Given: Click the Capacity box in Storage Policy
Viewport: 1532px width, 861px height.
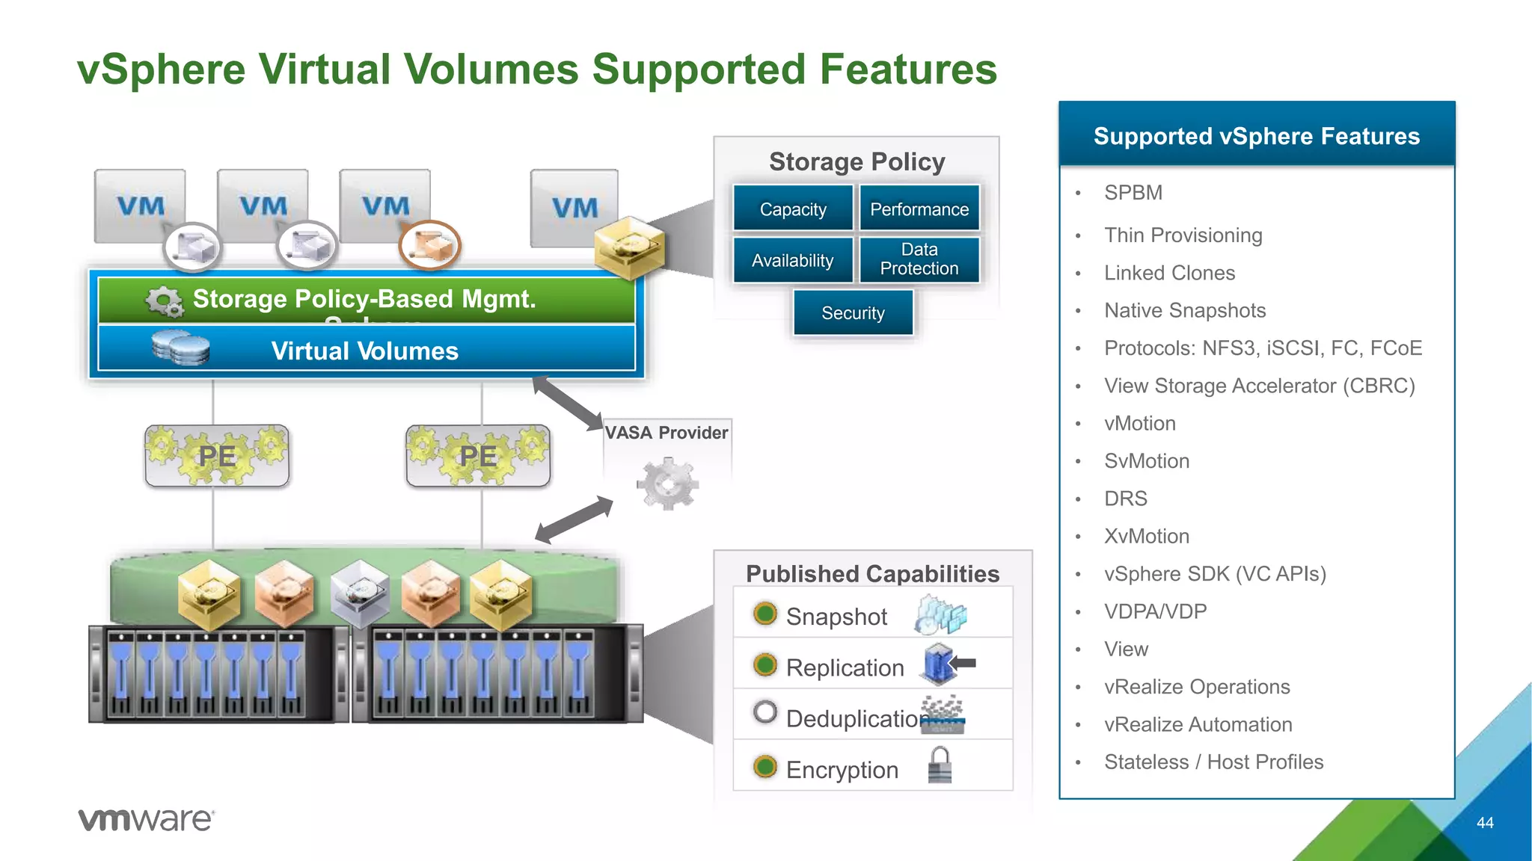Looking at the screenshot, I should [x=793, y=209].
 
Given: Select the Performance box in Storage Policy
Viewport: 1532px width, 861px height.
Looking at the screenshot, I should [x=919, y=209].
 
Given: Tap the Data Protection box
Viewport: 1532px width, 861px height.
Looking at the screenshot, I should [x=919, y=259].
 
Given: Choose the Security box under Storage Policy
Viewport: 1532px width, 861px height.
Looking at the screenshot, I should [x=853, y=312].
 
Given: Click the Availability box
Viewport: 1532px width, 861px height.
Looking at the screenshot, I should [x=793, y=260].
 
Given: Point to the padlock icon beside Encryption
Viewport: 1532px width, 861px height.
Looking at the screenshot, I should [x=940, y=765].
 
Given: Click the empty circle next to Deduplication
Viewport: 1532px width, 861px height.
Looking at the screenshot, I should [x=765, y=712].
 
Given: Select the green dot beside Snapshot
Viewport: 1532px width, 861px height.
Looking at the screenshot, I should [x=765, y=614].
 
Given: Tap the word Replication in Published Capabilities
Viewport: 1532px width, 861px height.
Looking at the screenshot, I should [x=845, y=667].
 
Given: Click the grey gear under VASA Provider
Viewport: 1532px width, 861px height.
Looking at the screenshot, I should [x=667, y=484].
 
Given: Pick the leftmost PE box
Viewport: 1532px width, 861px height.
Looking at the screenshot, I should [x=217, y=456].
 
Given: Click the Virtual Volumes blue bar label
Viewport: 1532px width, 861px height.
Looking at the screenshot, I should [x=365, y=351].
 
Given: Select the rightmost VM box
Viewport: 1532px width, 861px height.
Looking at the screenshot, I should [x=574, y=208].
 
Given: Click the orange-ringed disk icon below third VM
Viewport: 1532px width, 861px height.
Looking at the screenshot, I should [x=429, y=245].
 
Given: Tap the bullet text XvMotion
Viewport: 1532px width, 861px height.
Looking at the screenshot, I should [x=1146, y=536].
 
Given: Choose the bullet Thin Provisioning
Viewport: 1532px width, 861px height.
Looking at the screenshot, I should [x=1183, y=235].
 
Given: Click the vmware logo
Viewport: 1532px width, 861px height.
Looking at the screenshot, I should [x=147, y=819].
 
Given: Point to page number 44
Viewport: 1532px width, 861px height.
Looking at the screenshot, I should [x=1485, y=822].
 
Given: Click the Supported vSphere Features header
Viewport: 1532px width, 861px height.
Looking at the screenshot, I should [x=1256, y=135].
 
